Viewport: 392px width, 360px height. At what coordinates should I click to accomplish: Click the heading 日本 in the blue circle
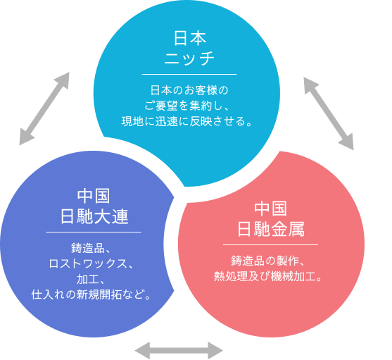pyautogui.click(x=189, y=37)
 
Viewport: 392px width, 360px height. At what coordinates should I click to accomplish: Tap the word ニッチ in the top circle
pyautogui.click(x=189, y=58)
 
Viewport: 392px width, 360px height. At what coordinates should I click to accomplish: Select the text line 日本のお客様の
pyautogui.click(x=189, y=90)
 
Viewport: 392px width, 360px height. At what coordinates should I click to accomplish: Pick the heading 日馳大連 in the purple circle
pyautogui.click(x=94, y=216)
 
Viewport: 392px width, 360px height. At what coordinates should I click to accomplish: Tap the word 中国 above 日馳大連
pyautogui.click(x=94, y=195)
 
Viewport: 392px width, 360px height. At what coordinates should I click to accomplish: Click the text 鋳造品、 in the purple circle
pyautogui.click(x=94, y=248)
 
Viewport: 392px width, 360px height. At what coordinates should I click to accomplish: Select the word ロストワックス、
pyautogui.click(x=94, y=263)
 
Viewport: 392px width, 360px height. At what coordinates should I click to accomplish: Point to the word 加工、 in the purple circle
pyautogui.click(x=94, y=278)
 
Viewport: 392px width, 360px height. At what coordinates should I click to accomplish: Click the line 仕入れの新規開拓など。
pyautogui.click(x=94, y=294)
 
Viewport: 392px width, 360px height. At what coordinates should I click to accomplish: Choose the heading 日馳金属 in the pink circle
pyautogui.click(x=271, y=229)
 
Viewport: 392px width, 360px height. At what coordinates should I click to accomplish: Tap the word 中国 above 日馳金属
pyautogui.click(x=271, y=209)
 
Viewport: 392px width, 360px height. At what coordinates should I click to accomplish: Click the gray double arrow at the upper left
pyautogui.click(x=44, y=108)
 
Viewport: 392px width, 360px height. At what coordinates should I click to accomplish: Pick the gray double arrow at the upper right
pyautogui.click(x=329, y=113)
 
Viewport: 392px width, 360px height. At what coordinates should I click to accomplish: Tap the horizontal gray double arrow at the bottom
pyautogui.click(x=179, y=349)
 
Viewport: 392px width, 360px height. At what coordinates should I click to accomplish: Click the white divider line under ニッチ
pyautogui.click(x=189, y=73)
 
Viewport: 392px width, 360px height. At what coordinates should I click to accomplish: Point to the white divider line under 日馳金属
pyautogui.click(x=271, y=244)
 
